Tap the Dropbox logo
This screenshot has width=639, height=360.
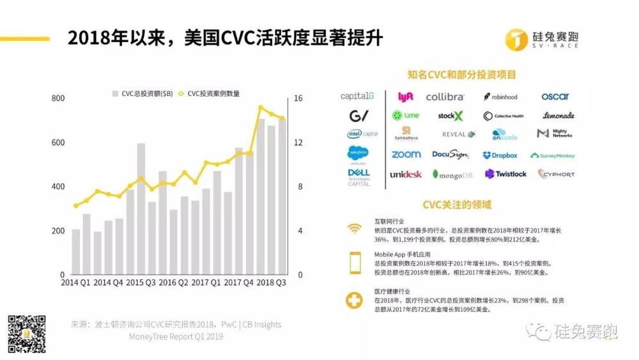tap(500, 155)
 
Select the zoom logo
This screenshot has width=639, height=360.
tap(406, 155)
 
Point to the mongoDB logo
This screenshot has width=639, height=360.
tap(452, 174)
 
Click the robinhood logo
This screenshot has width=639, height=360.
tap(500, 97)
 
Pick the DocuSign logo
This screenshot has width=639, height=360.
tap(450, 155)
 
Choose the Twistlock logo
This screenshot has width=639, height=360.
tap(505, 174)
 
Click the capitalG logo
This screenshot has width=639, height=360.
tap(357, 97)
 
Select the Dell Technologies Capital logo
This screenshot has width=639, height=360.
tap(358, 177)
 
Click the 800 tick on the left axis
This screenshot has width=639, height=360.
tap(58, 98)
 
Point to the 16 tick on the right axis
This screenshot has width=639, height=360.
tap(298, 98)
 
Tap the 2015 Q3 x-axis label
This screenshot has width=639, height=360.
tap(141, 283)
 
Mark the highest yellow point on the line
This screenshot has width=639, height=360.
tap(261, 107)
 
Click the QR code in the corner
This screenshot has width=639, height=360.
tap(26, 334)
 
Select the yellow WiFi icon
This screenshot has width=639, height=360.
tap(354, 228)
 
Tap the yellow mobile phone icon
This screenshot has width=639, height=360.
tap(354, 263)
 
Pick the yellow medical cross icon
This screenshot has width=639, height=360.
tap(354, 301)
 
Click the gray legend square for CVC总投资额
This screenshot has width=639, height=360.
tap(115, 93)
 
